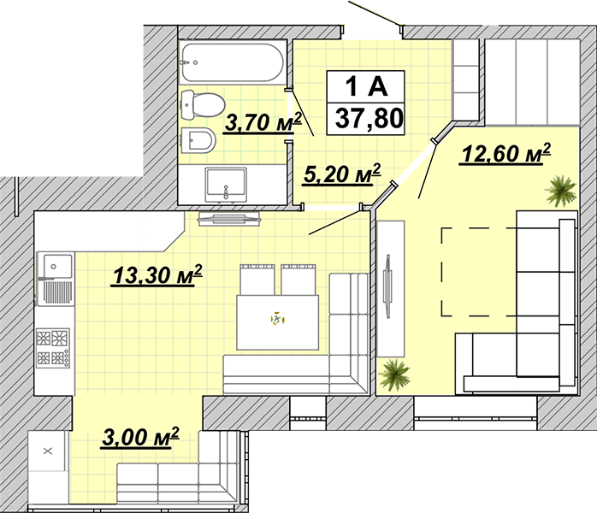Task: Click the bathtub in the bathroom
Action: [233, 62]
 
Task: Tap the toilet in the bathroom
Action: [203, 104]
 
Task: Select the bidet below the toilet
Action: [198, 140]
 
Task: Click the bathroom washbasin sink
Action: [226, 185]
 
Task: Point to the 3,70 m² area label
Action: [263, 122]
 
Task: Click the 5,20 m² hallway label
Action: [342, 174]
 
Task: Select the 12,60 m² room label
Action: [506, 153]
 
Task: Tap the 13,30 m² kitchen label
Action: [157, 274]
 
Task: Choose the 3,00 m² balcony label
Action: [140, 438]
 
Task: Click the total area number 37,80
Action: [369, 118]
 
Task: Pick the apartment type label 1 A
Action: [366, 86]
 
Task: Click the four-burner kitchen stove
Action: [53, 348]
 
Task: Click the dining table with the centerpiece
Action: [278, 322]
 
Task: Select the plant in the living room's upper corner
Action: [560, 191]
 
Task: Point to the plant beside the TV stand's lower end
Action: [394, 374]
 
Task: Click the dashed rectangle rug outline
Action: [441, 272]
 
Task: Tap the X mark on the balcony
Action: [48, 451]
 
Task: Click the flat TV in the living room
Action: [387, 286]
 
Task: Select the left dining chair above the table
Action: [257, 280]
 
